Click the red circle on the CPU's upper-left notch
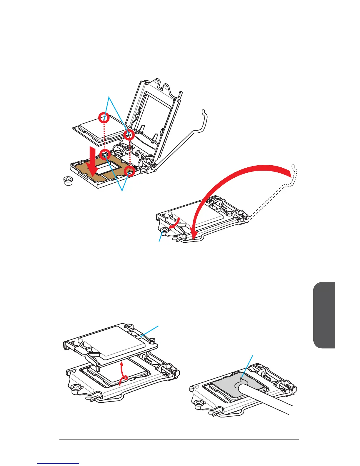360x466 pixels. point(104,118)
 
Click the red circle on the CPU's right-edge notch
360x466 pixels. point(129,135)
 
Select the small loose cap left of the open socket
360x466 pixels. point(69,180)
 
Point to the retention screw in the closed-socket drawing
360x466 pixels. point(164,230)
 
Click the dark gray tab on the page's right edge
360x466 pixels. point(324,315)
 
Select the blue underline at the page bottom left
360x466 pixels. point(58,464)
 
